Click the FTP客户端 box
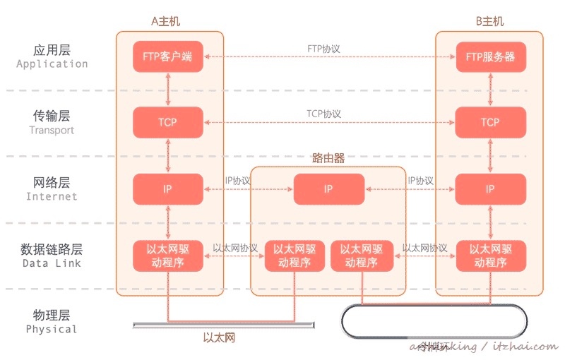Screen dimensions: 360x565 coord(168,56)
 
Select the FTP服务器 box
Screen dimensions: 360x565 coord(490,56)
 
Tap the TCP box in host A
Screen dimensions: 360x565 coord(168,122)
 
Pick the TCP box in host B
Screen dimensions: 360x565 coord(490,122)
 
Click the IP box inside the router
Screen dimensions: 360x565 coord(328,188)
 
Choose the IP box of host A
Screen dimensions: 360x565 coord(168,188)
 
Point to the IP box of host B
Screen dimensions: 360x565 coord(490,188)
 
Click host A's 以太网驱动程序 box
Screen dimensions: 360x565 coord(168,256)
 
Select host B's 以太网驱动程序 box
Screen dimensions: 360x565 coord(490,256)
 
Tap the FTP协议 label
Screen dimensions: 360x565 coord(324,49)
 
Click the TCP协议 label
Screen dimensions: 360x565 coord(324,114)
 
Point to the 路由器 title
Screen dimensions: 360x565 coord(328,159)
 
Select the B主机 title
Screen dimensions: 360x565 coord(489,21)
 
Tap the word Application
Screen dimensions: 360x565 coord(52,64)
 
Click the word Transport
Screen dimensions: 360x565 coord(52,130)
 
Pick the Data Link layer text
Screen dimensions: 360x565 coord(52,263)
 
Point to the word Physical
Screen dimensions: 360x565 coord(52,329)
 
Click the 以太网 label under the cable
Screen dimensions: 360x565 coord(218,338)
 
